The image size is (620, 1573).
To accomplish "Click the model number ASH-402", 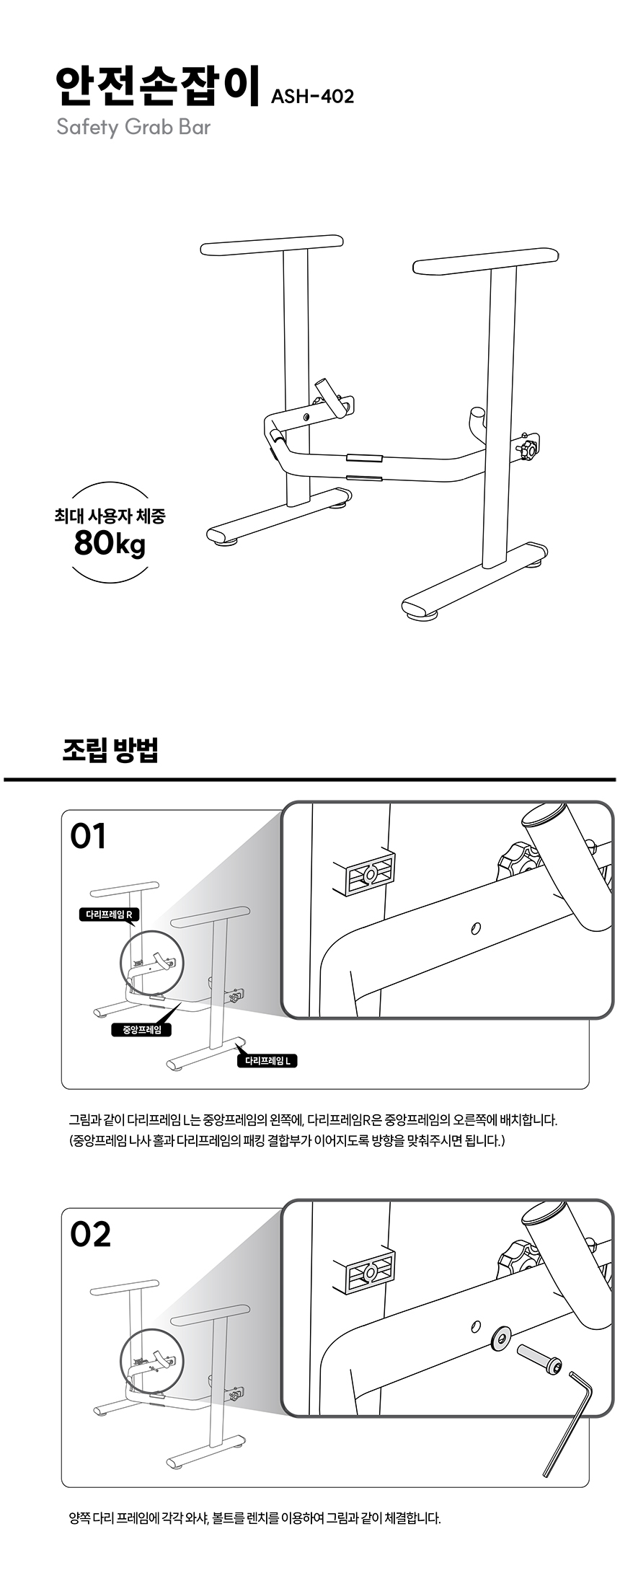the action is tap(312, 97).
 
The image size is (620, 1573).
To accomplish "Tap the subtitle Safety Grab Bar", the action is tap(133, 128).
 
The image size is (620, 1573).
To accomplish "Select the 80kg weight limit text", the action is tap(110, 543).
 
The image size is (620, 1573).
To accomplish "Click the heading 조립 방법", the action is tap(110, 750).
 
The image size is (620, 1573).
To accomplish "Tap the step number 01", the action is tap(88, 837).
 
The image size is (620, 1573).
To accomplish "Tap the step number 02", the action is tap(90, 1234).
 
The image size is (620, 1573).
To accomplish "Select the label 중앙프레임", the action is tap(142, 1029).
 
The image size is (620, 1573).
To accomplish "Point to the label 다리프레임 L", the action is tap(267, 1061).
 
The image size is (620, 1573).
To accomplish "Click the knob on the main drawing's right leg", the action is tap(530, 450).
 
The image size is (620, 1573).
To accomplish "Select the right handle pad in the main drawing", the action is tap(486, 260).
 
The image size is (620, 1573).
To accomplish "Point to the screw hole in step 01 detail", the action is tap(476, 928).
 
